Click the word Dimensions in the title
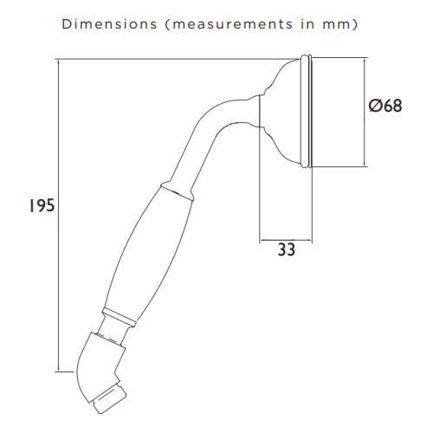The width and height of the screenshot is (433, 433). point(109,24)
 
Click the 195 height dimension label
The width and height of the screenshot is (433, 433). point(42,206)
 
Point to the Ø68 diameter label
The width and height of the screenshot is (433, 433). point(385,106)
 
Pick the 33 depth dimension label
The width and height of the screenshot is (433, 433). point(287,249)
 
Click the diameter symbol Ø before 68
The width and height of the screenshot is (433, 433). point(376,106)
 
